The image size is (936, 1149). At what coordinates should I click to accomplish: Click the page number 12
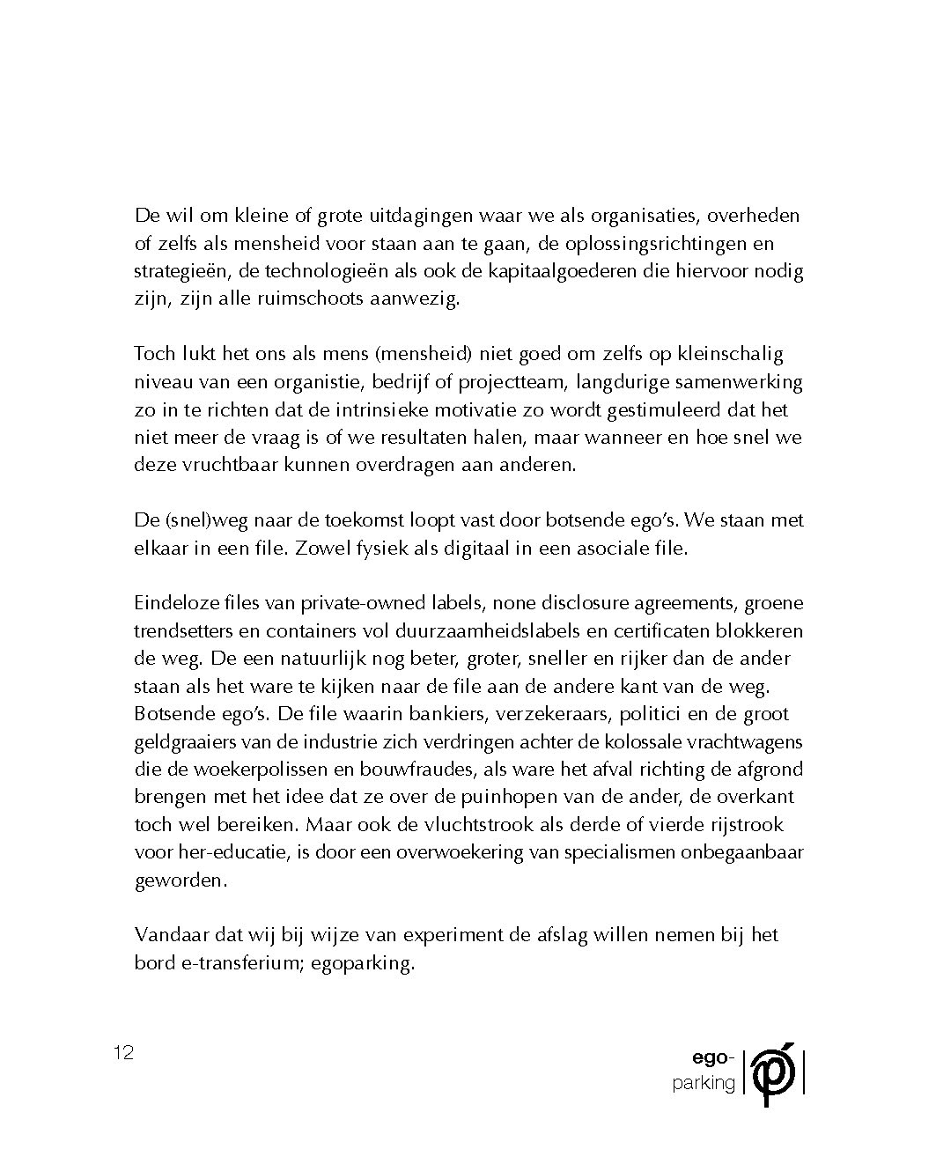point(123,1052)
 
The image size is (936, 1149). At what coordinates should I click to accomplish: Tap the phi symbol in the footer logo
point(774,1072)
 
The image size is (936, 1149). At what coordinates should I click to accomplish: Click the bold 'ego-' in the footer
point(713,1057)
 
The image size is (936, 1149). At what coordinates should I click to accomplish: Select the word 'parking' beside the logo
point(704,1083)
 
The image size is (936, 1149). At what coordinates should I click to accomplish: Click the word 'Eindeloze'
point(176,603)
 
